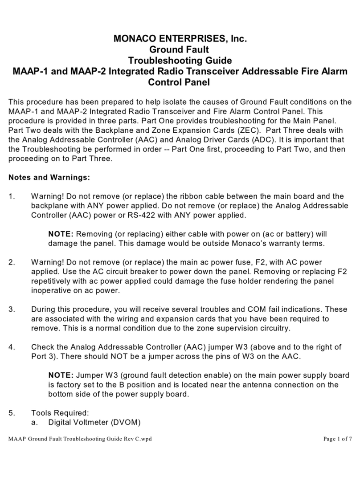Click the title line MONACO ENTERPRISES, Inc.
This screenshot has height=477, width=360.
(x=179, y=40)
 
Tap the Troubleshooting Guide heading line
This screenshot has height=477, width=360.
(x=179, y=61)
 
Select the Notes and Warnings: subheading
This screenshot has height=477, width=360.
(x=49, y=177)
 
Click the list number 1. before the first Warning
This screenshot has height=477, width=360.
(x=12, y=196)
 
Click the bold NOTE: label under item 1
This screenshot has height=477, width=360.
(x=61, y=234)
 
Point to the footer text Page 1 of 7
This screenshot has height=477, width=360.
(x=337, y=439)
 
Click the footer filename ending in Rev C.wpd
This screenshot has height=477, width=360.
(x=81, y=439)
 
